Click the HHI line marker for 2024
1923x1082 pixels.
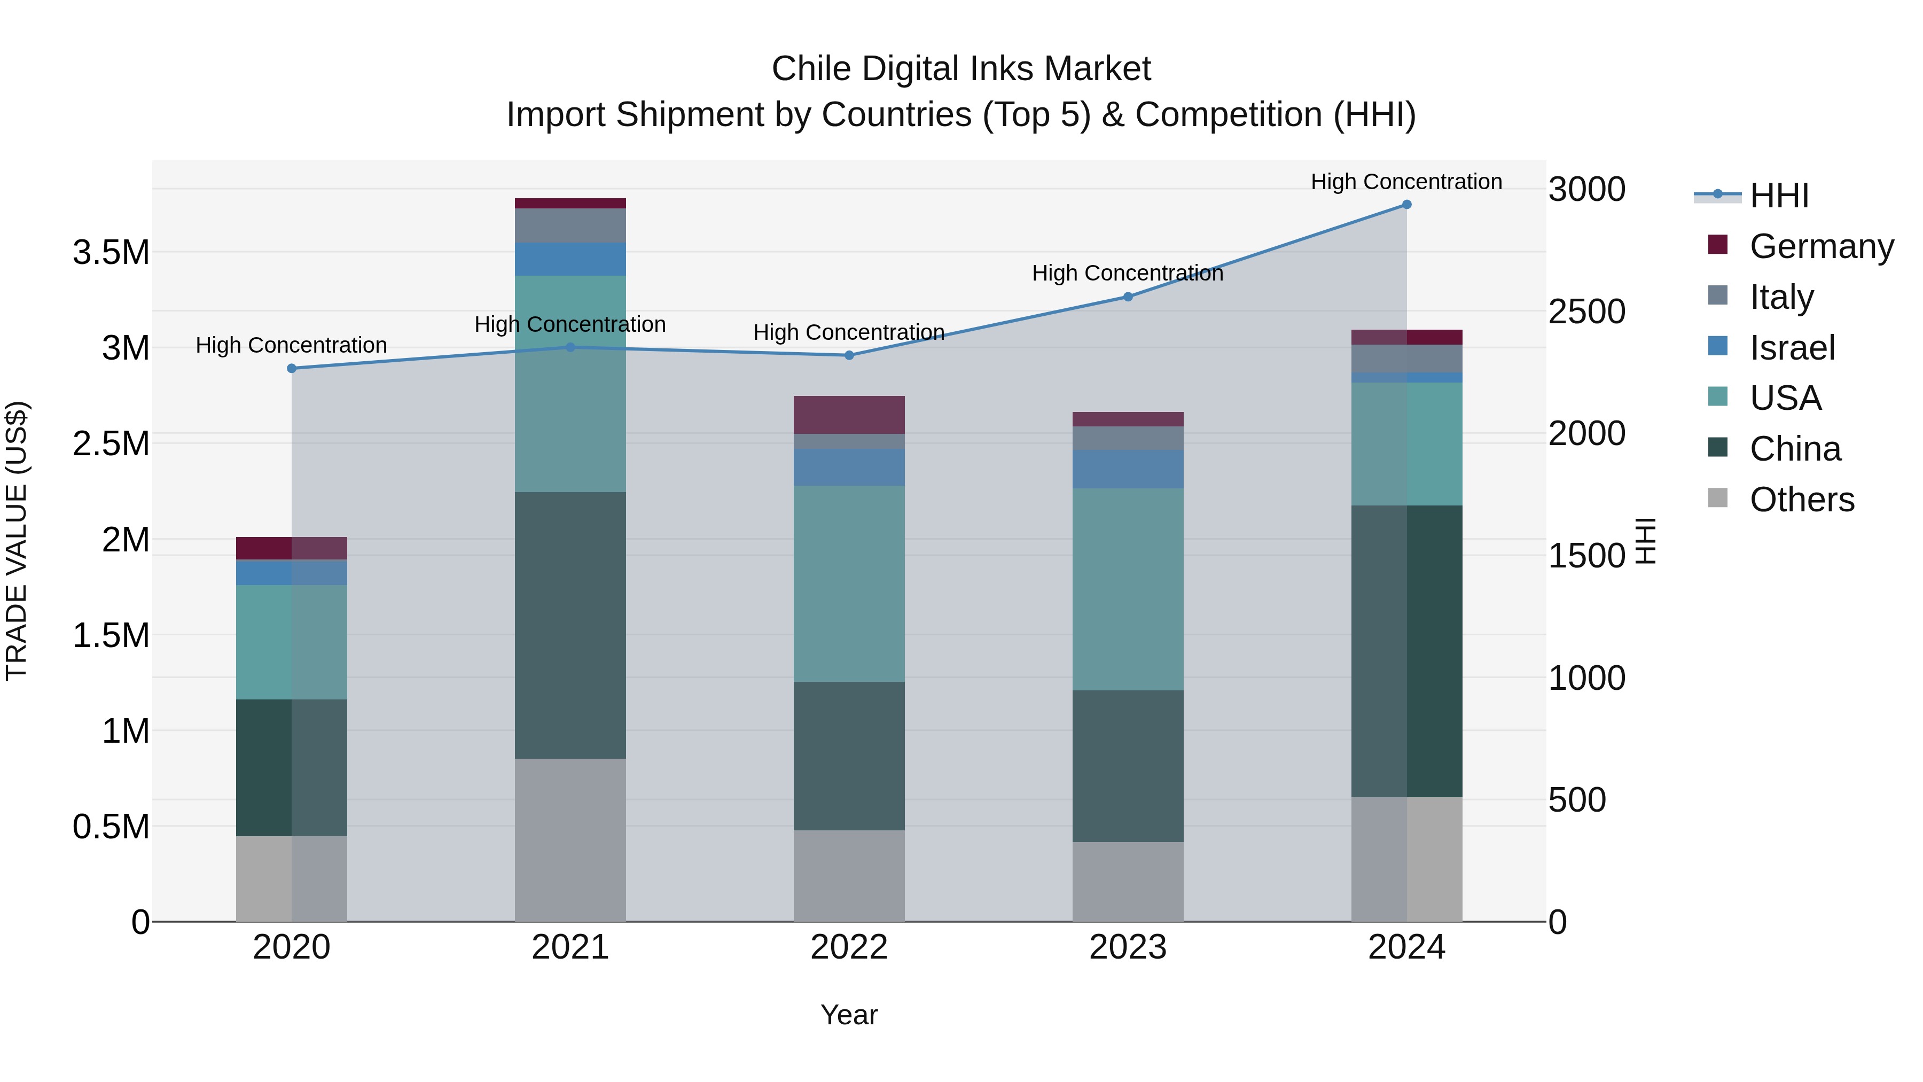click(1406, 205)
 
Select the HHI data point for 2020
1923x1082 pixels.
click(292, 368)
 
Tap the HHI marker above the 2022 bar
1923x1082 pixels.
click(849, 355)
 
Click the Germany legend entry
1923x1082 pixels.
click(1821, 246)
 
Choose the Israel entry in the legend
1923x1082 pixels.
click(1792, 348)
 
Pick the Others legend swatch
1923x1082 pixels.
click(1718, 498)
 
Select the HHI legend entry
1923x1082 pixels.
click(1779, 196)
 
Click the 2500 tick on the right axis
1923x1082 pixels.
click(1586, 312)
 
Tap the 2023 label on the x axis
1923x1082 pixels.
click(1127, 947)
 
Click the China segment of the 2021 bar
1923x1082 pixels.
click(570, 625)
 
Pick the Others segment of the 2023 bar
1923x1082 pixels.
click(1127, 881)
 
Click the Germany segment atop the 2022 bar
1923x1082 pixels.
click(849, 415)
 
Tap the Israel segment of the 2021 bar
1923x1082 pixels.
click(570, 259)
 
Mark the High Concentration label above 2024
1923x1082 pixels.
click(1406, 182)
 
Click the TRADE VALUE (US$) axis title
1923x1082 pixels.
click(17, 541)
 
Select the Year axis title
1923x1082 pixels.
click(849, 1015)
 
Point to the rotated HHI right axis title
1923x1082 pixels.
click(1645, 541)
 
